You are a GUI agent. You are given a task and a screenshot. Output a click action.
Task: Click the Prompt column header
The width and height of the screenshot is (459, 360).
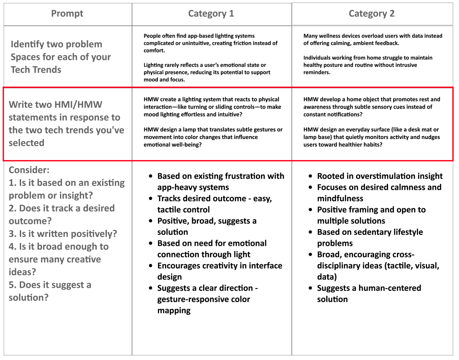[x=67, y=14]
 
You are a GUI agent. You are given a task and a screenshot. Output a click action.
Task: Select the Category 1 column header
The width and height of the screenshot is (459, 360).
[x=211, y=14]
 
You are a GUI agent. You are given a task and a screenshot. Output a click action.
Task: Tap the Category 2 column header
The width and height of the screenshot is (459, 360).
[x=371, y=14]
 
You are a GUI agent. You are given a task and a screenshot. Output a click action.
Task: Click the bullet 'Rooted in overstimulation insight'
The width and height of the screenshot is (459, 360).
[x=380, y=176]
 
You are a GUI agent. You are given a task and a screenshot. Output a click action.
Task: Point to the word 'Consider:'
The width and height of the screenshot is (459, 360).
[x=29, y=170]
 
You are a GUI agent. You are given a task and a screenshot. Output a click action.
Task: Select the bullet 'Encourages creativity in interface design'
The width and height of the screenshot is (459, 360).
[x=220, y=271]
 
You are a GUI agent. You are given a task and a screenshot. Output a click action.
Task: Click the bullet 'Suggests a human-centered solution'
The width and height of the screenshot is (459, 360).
[x=369, y=294]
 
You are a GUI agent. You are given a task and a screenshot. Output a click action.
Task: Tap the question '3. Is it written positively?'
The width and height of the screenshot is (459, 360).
[x=63, y=234]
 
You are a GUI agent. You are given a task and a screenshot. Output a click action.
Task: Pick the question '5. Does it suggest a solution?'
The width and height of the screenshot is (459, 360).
[x=50, y=291]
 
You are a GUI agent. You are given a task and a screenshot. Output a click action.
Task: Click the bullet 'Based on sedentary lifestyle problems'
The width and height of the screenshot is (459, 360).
[x=369, y=237]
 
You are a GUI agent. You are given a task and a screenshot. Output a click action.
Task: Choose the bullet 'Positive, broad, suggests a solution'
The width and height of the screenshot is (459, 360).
[x=207, y=226]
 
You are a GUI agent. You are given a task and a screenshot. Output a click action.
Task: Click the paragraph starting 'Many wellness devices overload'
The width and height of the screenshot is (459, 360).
[x=372, y=39]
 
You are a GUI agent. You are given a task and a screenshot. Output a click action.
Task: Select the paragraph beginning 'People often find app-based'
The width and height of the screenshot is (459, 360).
[x=210, y=43]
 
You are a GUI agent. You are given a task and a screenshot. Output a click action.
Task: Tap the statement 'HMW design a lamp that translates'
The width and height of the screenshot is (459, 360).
[x=213, y=137]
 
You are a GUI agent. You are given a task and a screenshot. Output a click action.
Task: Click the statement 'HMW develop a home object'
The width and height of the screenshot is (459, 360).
[x=372, y=107]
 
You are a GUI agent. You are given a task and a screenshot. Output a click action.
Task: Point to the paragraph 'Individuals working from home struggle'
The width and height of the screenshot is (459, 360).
[x=367, y=65]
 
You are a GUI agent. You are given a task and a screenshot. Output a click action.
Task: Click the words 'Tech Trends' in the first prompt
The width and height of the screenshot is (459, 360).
[x=36, y=70]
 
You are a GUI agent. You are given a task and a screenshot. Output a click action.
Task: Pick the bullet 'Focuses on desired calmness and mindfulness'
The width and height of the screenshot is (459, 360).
[x=379, y=193]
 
